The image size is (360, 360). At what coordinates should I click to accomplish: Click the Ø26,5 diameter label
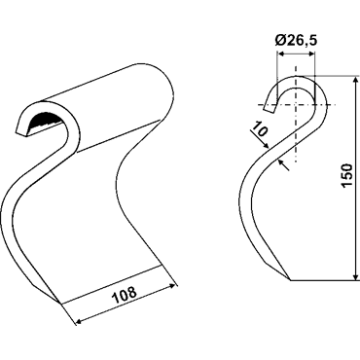(x=295, y=41)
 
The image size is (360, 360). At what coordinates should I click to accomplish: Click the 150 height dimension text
(x=346, y=175)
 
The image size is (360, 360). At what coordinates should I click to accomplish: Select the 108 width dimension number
(x=124, y=295)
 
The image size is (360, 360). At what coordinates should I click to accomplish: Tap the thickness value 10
(x=260, y=128)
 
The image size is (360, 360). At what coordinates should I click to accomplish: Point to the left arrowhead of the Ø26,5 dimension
(x=280, y=54)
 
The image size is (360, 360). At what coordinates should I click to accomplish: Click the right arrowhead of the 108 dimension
(x=174, y=286)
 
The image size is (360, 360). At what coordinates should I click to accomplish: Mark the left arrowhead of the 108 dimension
(x=80, y=321)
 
